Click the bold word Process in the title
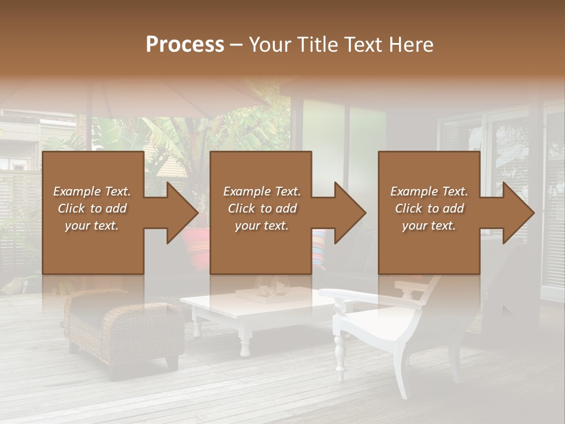185,44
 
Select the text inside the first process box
92,208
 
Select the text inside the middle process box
262,208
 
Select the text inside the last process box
429,208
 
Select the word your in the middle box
246,226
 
